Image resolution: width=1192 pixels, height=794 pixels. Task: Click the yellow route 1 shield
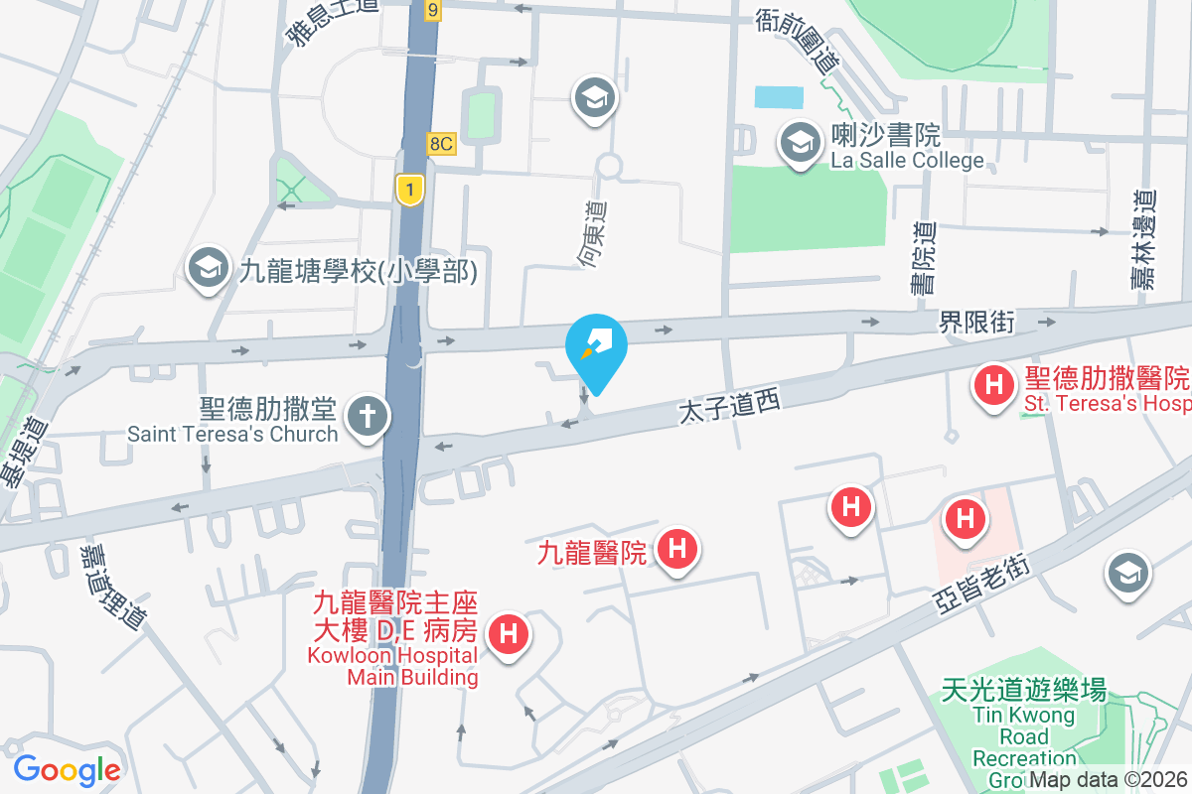(x=408, y=189)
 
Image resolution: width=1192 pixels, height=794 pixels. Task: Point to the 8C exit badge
(x=442, y=144)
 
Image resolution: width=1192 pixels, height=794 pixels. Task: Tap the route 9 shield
(x=431, y=10)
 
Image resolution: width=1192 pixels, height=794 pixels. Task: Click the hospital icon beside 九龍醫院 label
(x=678, y=549)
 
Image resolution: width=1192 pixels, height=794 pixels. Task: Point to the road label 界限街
(x=976, y=322)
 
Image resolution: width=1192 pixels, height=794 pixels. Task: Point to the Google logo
(x=67, y=769)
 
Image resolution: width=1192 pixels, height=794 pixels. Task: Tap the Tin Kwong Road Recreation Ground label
(x=1024, y=725)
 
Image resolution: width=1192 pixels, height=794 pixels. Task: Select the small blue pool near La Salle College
(x=779, y=97)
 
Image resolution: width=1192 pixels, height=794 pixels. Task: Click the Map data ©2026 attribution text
(x=1109, y=781)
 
